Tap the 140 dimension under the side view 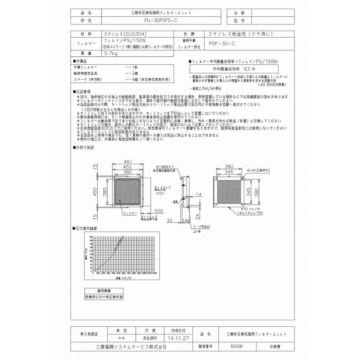coord(186,220)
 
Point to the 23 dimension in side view coord(170,220)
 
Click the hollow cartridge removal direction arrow coord(160,193)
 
